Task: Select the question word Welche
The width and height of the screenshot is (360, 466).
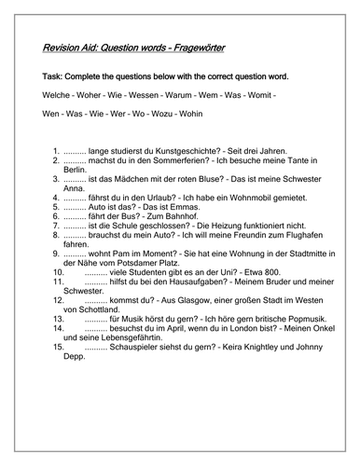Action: pyautogui.click(x=58, y=96)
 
